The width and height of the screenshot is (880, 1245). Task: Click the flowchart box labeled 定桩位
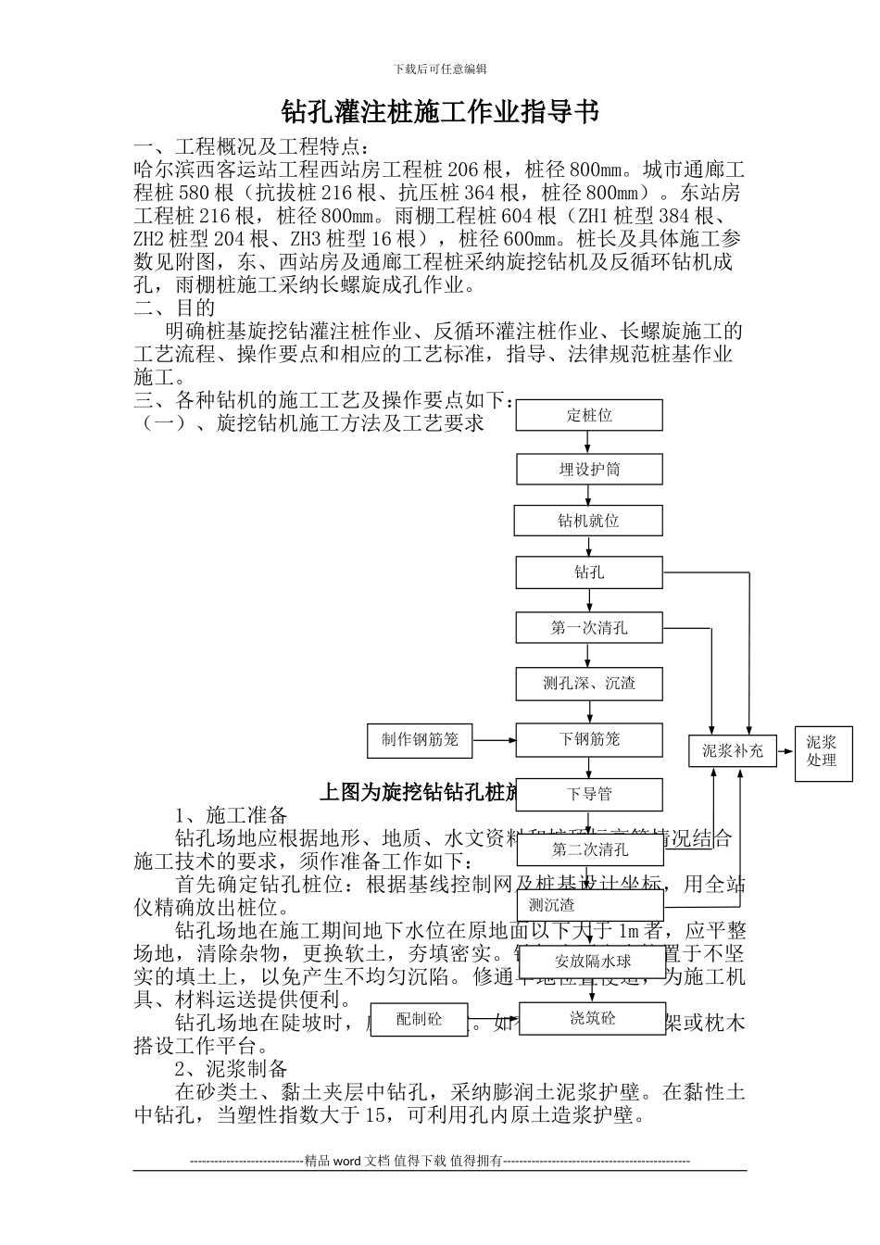[x=589, y=415]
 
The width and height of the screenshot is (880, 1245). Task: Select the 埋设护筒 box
[x=589, y=469]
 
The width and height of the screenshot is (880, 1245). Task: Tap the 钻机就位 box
[x=589, y=521]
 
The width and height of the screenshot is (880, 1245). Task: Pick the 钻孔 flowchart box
[x=589, y=572]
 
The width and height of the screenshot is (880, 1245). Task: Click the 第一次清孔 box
[x=589, y=628]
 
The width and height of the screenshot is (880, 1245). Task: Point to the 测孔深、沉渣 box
[x=589, y=684]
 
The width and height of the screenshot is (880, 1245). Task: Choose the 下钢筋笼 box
[x=589, y=739]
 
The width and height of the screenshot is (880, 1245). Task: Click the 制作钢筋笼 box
[x=420, y=739]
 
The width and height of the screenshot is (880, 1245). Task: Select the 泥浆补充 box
[x=733, y=750]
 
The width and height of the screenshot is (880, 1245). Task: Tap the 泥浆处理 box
[x=821, y=751]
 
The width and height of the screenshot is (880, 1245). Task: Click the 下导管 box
[x=589, y=794]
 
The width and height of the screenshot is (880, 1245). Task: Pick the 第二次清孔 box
[x=589, y=849]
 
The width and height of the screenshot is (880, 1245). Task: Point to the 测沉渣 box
[x=589, y=905]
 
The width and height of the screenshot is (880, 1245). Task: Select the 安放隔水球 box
[x=593, y=962]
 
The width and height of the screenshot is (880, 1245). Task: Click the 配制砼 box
[x=419, y=1019]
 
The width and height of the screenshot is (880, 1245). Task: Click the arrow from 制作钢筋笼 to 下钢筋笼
[x=494, y=740]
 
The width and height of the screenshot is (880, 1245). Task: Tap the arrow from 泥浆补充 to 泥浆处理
[x=786, y=750]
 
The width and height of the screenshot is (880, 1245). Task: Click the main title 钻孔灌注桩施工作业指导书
[x=440, y=112]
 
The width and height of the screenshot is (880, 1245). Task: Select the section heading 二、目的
[x=175, y=308]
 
